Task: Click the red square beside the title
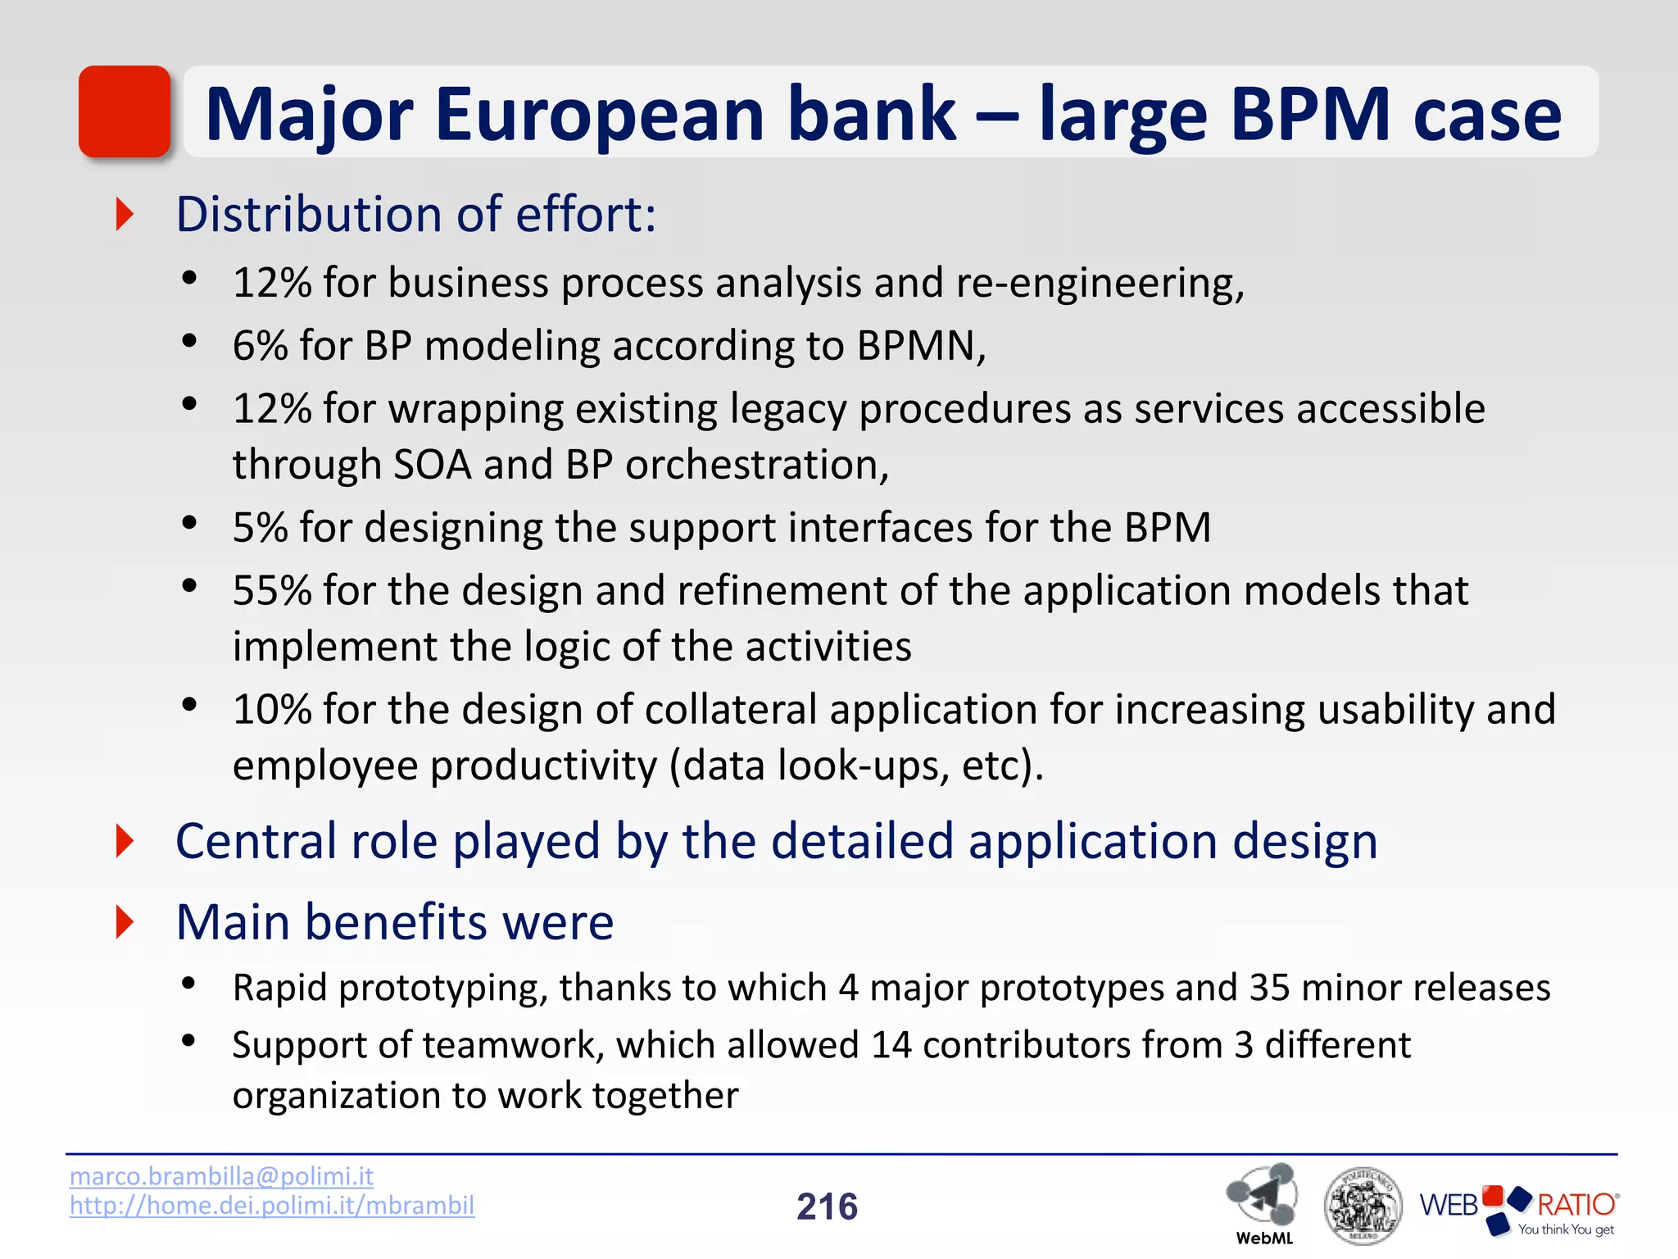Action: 125,111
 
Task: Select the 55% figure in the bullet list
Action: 271,591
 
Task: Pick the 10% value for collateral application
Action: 271,710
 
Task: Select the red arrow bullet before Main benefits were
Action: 125,922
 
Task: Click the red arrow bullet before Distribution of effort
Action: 125,214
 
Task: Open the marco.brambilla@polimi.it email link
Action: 221,1176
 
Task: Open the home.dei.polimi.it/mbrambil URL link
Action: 271,1206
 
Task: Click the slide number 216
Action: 827,1207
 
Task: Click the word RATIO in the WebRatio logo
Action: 1576,1205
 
